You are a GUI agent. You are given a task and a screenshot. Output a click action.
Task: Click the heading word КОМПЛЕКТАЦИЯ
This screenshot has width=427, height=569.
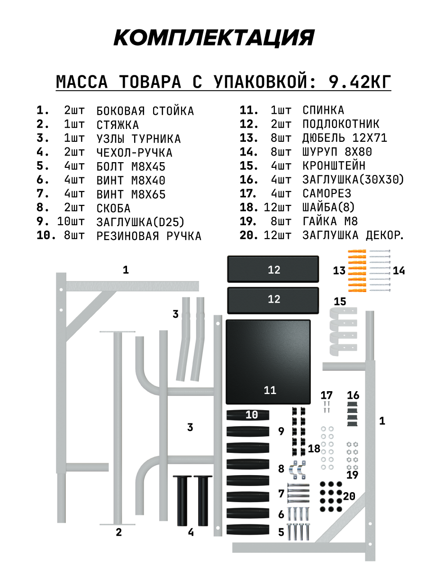[x=214, y=37]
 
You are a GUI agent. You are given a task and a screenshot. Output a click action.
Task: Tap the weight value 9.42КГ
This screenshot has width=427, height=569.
[x=360, y=82]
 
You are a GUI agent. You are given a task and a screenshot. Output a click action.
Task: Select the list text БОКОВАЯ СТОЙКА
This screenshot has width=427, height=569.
[x=145, y=111]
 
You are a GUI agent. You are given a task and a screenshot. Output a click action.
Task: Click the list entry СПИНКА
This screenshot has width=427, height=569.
[x=323, y=110]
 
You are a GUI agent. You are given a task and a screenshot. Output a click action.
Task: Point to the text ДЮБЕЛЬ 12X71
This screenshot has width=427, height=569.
[x=345, y=138]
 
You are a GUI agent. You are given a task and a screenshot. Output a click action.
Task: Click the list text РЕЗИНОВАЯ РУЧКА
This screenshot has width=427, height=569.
[x=149, y=236]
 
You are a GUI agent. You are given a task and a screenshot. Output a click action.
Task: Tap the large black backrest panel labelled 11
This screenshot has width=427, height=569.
[x=268, y=360]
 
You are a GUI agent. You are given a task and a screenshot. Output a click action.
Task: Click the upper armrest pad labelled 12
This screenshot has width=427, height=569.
[x=273, y=270]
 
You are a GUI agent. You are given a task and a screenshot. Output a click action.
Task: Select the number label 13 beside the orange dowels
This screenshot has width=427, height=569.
[x=339, y=271]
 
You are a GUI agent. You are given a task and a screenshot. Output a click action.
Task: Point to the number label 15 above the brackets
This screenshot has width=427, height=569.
[x=340, y=302]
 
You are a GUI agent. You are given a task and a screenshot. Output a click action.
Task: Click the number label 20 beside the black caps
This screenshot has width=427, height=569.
[x=349, y=496]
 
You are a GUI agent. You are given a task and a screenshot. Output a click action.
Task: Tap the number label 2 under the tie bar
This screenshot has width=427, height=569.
[x=118, y=532]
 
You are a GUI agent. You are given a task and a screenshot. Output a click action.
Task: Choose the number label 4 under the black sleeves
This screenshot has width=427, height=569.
[x=191, y=532]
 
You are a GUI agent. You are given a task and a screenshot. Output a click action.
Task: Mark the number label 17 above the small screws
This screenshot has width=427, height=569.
[x=327, y=395]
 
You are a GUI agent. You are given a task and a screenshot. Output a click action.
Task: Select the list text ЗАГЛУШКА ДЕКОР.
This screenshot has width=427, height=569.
[x=353, y=235]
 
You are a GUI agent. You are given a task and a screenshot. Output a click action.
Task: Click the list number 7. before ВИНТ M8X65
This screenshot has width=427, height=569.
[x=43, y=193]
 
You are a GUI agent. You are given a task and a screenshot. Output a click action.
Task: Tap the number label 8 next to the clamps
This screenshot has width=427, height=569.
[x=281, y=469]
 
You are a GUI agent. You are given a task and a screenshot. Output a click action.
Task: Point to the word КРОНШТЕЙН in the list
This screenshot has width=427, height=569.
[x=334, y=166]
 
